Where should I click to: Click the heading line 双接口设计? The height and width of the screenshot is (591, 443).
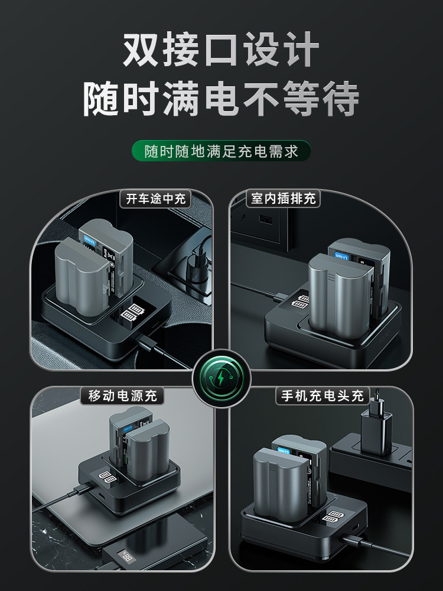tap(221, 50)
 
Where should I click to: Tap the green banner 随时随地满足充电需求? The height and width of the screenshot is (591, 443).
tap(221, 151)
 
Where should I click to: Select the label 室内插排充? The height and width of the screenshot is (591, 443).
tap(283, 199)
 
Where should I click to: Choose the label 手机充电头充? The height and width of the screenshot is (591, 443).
tap(323, 395)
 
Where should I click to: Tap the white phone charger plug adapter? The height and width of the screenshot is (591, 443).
tap(374, 431)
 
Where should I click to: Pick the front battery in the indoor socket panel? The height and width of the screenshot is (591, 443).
tap(340, 293)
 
